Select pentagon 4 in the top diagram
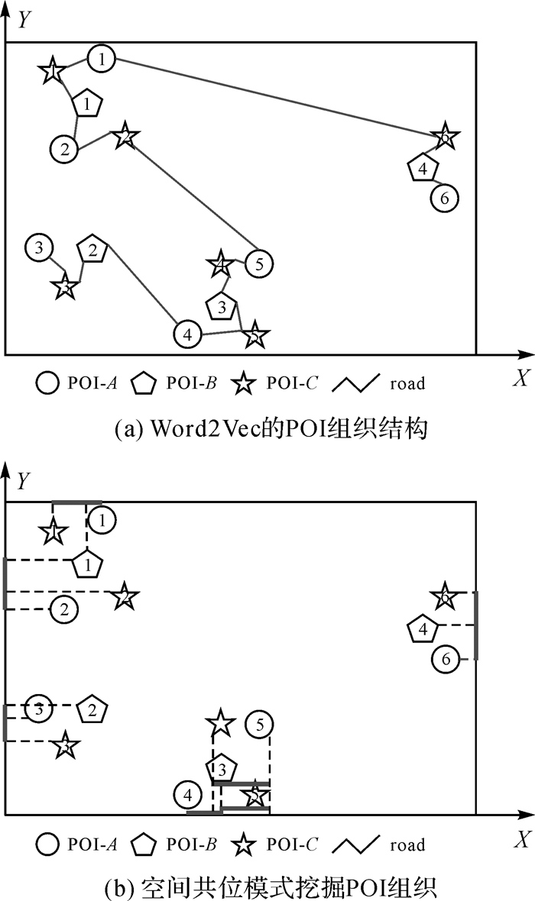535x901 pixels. coord(423,169)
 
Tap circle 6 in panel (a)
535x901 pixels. coord(444,198)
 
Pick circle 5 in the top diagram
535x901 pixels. coord(260,264)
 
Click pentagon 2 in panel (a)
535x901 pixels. coord(92,250)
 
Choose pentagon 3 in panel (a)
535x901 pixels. coord(222,307)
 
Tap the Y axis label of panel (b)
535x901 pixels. coord(24,481)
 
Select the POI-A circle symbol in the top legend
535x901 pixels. coord(47,383)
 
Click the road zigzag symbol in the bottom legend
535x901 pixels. coord(358,844)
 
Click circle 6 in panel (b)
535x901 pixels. coord(446,659)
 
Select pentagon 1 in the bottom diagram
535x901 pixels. coord(88,565)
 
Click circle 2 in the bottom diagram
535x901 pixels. coord(64,609)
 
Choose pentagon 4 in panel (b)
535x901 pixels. coord(423,630)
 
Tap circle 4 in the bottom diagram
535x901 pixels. coord(187,795)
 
